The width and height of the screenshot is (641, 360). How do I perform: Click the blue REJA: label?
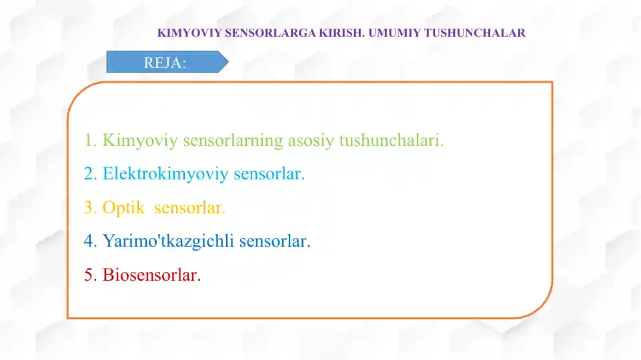(x=165, y=63)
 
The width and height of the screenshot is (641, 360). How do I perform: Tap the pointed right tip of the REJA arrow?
(x=227, y=63)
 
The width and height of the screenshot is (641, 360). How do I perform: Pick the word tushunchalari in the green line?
(x=390, y=141)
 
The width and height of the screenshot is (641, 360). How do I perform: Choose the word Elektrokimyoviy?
(x=163, y=175)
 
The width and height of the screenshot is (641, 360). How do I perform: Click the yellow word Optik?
(x=123, y=208)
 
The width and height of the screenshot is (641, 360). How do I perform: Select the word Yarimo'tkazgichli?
(x=168, y=241)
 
